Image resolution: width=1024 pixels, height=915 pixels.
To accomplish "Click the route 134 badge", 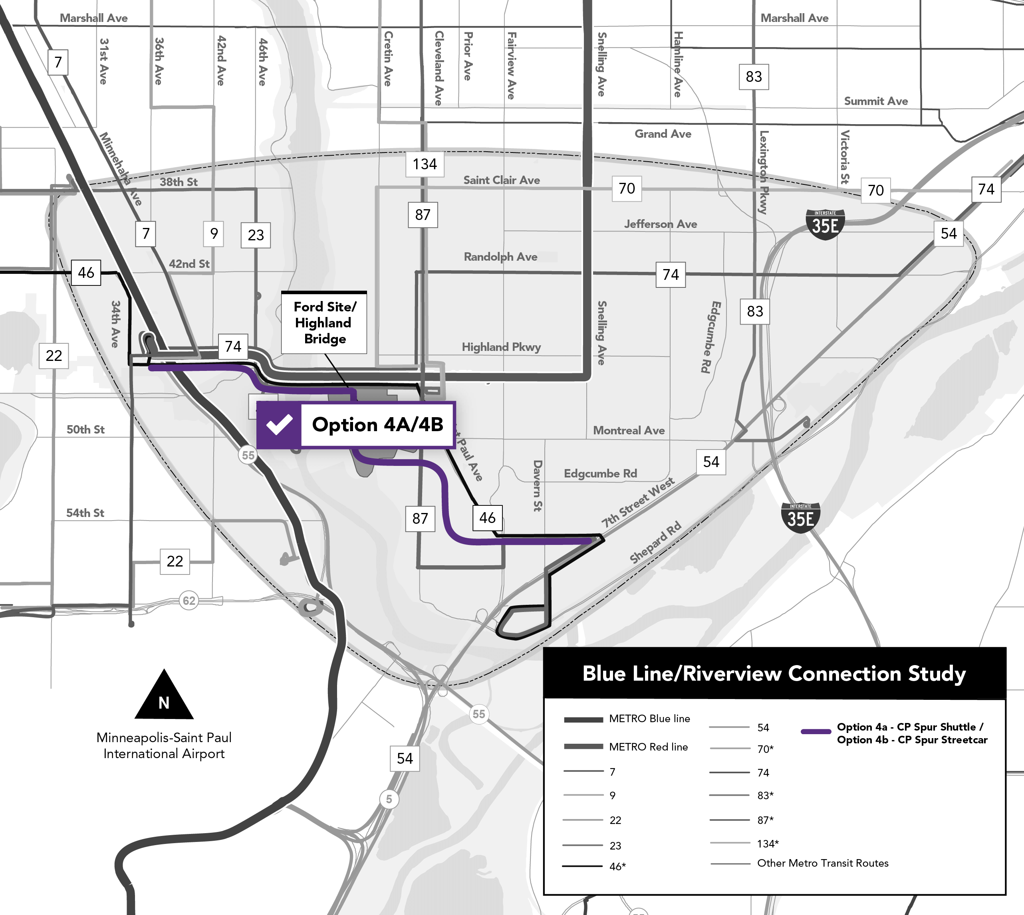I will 425,164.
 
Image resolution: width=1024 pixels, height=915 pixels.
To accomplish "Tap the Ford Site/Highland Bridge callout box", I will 324,323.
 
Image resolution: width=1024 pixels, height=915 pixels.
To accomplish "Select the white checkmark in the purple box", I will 279,425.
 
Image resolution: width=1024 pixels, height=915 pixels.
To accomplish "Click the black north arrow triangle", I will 164,696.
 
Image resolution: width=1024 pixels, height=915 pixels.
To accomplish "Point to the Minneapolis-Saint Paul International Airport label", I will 164,746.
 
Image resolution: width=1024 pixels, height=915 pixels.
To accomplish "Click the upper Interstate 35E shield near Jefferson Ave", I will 825,224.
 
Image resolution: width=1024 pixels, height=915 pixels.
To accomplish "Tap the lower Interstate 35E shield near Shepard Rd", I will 800,517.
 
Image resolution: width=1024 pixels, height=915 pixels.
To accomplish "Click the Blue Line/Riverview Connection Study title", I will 774,674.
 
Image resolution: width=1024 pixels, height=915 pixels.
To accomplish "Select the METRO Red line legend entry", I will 648,747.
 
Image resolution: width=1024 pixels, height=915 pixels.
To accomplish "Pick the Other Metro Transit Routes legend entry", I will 822,863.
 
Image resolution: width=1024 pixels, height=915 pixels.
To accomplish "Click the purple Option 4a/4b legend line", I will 816,731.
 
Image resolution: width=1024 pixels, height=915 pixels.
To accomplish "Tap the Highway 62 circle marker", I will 189,600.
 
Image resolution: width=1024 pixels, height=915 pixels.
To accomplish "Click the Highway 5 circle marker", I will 389,799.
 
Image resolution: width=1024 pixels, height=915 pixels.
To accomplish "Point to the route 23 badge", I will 256,235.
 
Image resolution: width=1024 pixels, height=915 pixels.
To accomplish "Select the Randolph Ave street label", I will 500,257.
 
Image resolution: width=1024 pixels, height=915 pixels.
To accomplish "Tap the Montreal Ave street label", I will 629,430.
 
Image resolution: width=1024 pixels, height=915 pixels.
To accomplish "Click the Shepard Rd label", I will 655,543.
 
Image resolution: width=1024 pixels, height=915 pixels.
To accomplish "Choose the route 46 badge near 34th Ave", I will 86,273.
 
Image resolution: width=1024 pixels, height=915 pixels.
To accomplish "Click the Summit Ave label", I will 875,101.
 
